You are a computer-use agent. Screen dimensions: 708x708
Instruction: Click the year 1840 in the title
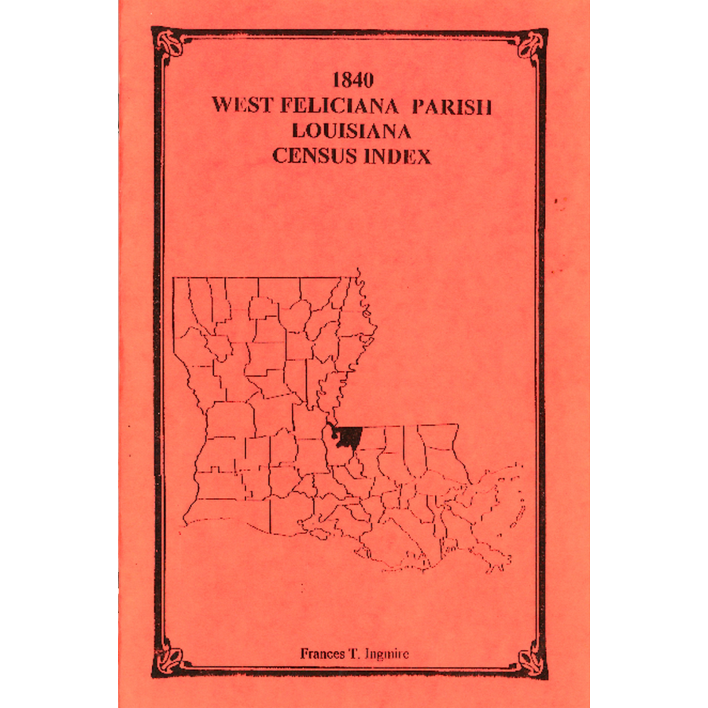(352, 80)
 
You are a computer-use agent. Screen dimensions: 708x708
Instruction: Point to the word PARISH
(447, 107)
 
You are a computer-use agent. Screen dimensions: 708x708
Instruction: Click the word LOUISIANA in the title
(352, 131)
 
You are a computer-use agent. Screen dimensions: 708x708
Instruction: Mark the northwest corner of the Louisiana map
(175, 278)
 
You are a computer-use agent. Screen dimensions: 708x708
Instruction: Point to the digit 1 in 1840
(337, 80)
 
